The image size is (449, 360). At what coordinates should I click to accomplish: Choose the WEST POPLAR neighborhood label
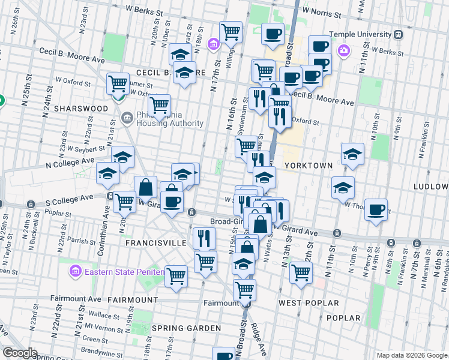pyautogui.click(x=309, y=303)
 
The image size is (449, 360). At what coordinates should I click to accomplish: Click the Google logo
pyautogui.click(x=20, y=353)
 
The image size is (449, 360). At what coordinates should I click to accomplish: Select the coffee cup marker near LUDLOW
pyautogui.click(x=376, y=210)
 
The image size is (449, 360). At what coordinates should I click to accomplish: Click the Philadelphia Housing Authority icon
pyautogui.click(x=126, y=116)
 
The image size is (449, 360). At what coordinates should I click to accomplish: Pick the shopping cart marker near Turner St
pyautogui.click(x=118, y=83)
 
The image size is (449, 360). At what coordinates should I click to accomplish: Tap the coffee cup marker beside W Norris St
pyautogui.click(x=273, y=34)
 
